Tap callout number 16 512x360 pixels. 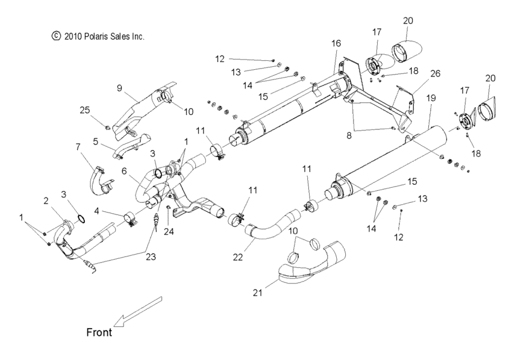[x=336, y=43]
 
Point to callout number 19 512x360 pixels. [x=431, y=97]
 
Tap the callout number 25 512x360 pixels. [x=84, y=110]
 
